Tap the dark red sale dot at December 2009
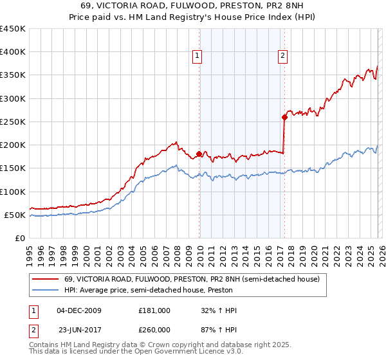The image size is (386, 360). (x=199, y=154)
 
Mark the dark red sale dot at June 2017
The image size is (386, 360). (x=284, y=117)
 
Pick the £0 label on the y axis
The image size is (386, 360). (x=19, y=238)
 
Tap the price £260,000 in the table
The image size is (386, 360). (x=154, y=330)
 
